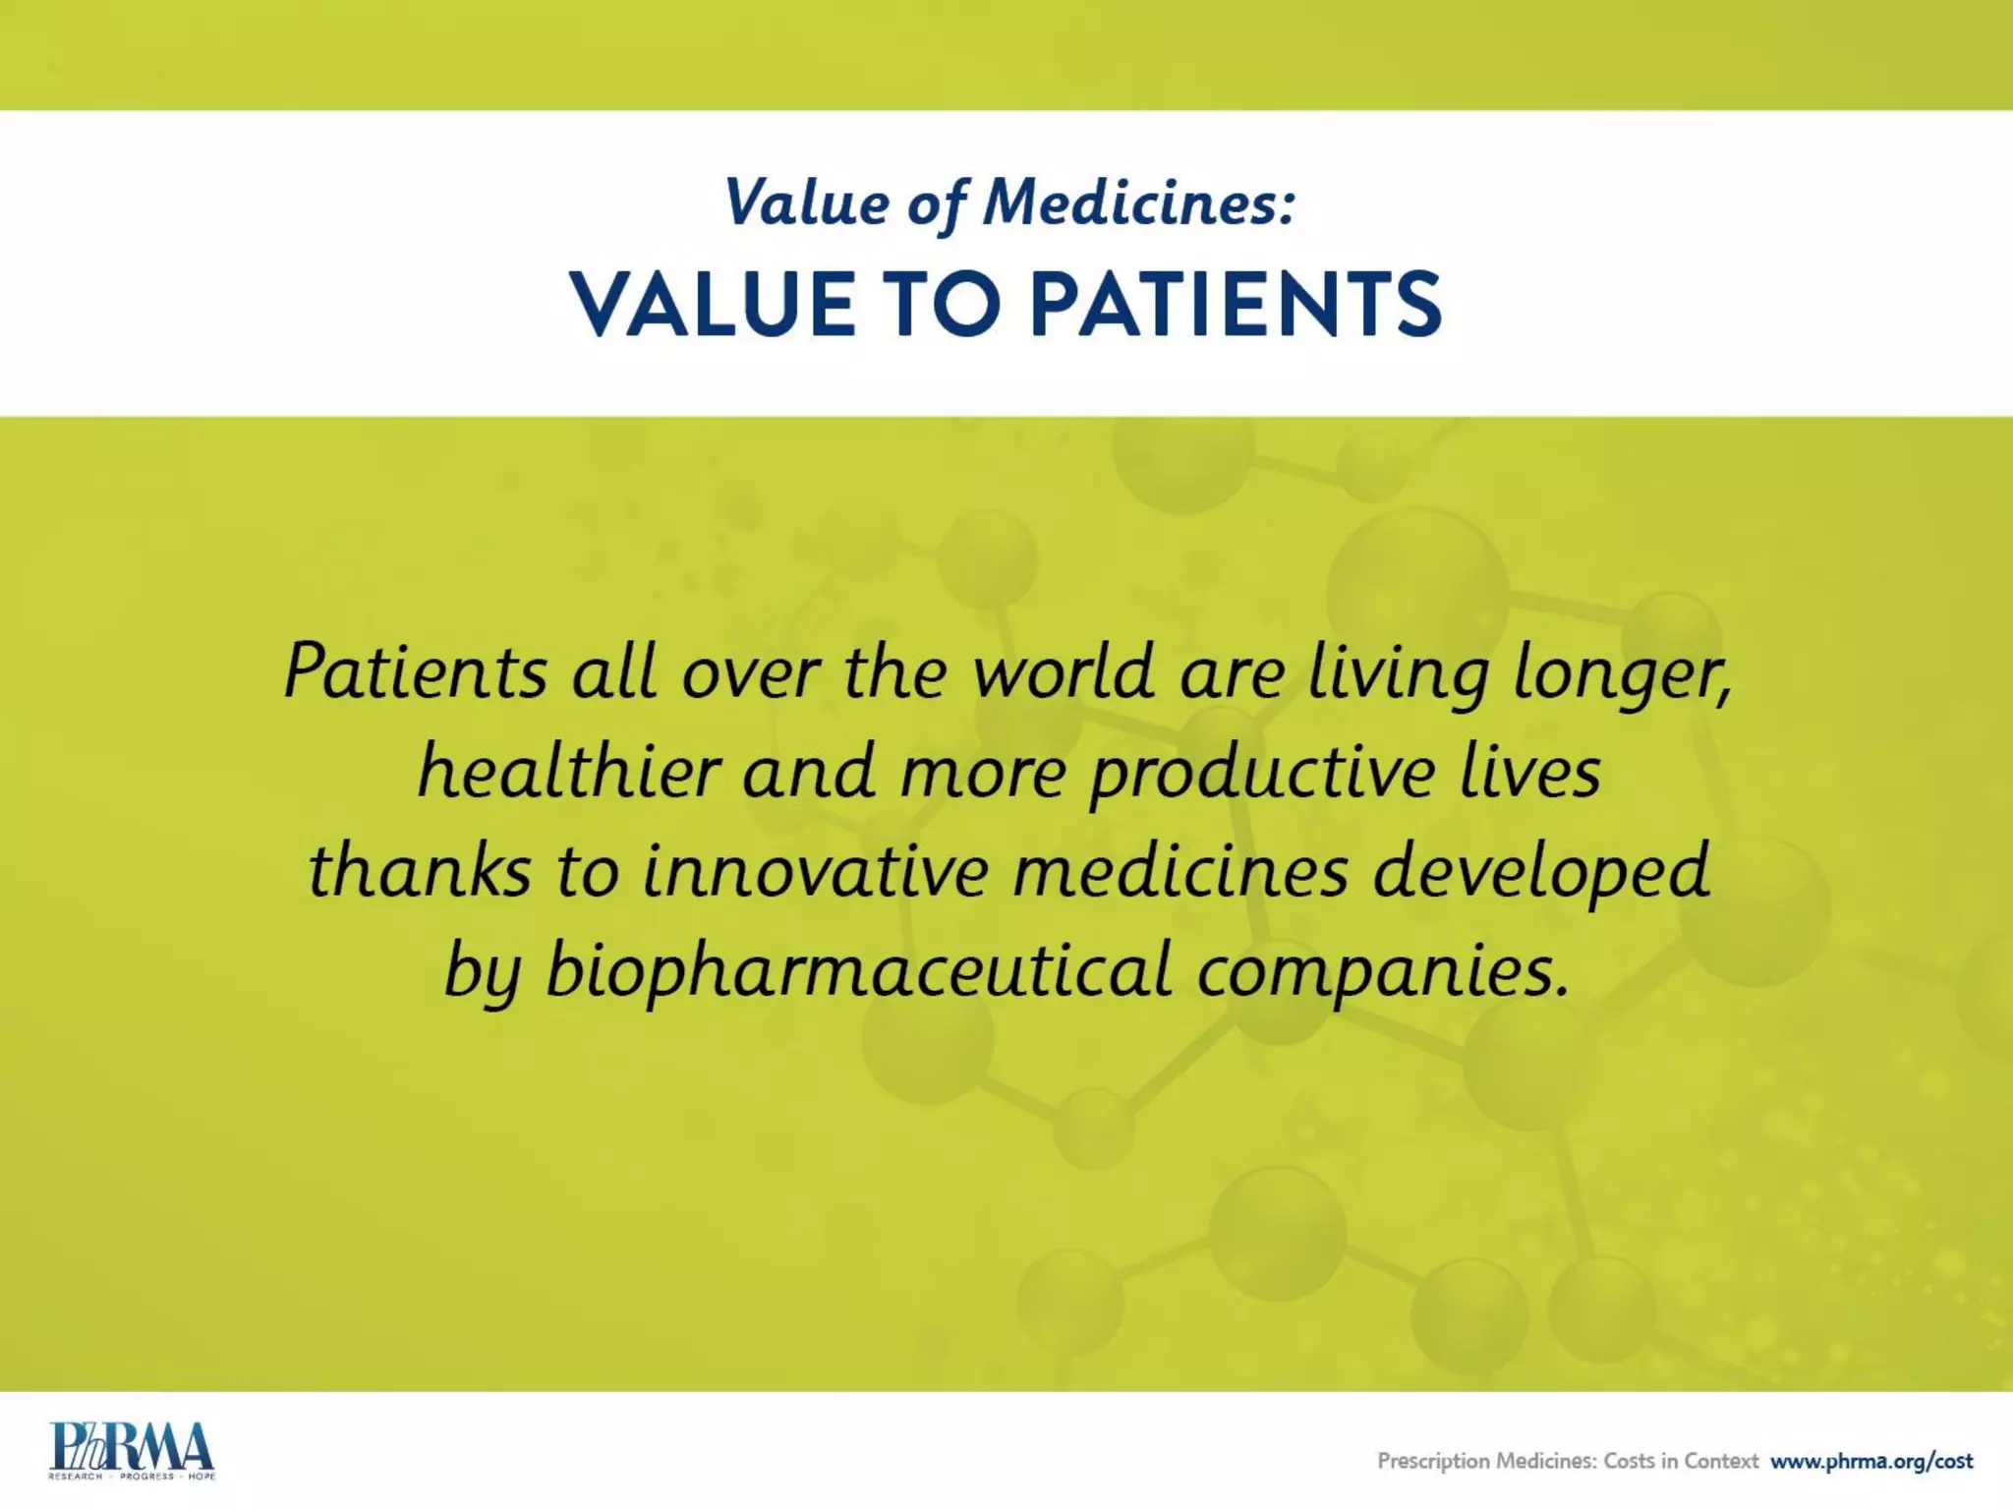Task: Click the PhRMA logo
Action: point(132,1449)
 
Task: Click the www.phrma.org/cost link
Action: point(1871,1461)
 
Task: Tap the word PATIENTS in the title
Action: point(1236,305)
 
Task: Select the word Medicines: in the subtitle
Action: point(1140,203)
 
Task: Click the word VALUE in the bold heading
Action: point(714,305)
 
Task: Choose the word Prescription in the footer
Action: point(1433,1462)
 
